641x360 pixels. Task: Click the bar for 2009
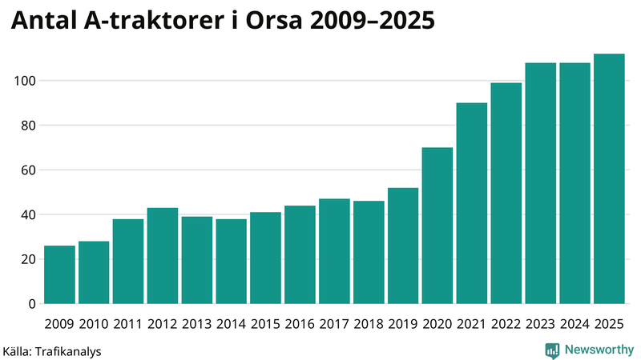click(59, 274)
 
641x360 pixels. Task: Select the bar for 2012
click(163, 256)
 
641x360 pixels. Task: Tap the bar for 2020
click(437, 226)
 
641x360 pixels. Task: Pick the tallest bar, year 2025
click(609, 179)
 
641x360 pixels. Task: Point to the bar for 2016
click(300, 254)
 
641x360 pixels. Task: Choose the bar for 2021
click(472, 203)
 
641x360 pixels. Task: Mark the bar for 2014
click(231, 262)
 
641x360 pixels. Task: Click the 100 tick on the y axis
click(25, 81)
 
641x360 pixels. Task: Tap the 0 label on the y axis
click(32, 304)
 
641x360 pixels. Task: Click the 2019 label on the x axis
click(403, 324)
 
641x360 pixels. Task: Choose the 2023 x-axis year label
click(541, 324)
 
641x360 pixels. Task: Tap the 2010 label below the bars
click(94, 324)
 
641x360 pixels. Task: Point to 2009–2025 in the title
click(374, 23)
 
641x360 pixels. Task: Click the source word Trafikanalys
click(70, 350)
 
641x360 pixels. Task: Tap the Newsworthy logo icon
click(552, 350)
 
